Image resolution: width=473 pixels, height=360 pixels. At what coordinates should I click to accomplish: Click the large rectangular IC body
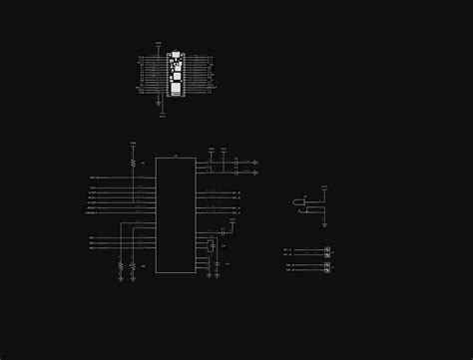point(175,214)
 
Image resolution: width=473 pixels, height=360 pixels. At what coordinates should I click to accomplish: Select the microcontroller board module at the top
point(176,74)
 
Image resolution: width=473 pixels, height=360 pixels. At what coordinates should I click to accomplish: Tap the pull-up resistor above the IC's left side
point(133,162)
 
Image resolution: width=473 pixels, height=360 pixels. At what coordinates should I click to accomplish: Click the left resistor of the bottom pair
point(121,266)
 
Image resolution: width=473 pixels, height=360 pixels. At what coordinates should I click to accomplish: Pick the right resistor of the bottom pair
point(133,266)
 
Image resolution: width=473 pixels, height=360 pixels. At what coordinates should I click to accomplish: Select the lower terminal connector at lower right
point(326,266)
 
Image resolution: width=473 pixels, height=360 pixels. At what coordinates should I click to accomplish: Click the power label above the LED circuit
point(324,186)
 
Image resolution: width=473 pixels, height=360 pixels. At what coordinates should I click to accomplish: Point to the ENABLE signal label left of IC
point(91,212)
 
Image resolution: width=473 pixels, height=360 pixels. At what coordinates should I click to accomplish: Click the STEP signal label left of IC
point(93,192)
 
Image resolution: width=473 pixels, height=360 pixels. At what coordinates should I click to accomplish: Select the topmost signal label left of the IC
point(93,178)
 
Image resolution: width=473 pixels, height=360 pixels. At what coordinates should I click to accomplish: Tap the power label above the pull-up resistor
point(133,144)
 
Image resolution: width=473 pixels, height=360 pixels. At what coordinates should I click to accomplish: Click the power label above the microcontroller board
point(159,43)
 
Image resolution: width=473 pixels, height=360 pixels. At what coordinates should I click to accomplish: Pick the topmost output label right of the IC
point(236,192)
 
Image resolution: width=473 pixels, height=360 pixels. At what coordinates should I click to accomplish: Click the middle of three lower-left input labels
point(92,242)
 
